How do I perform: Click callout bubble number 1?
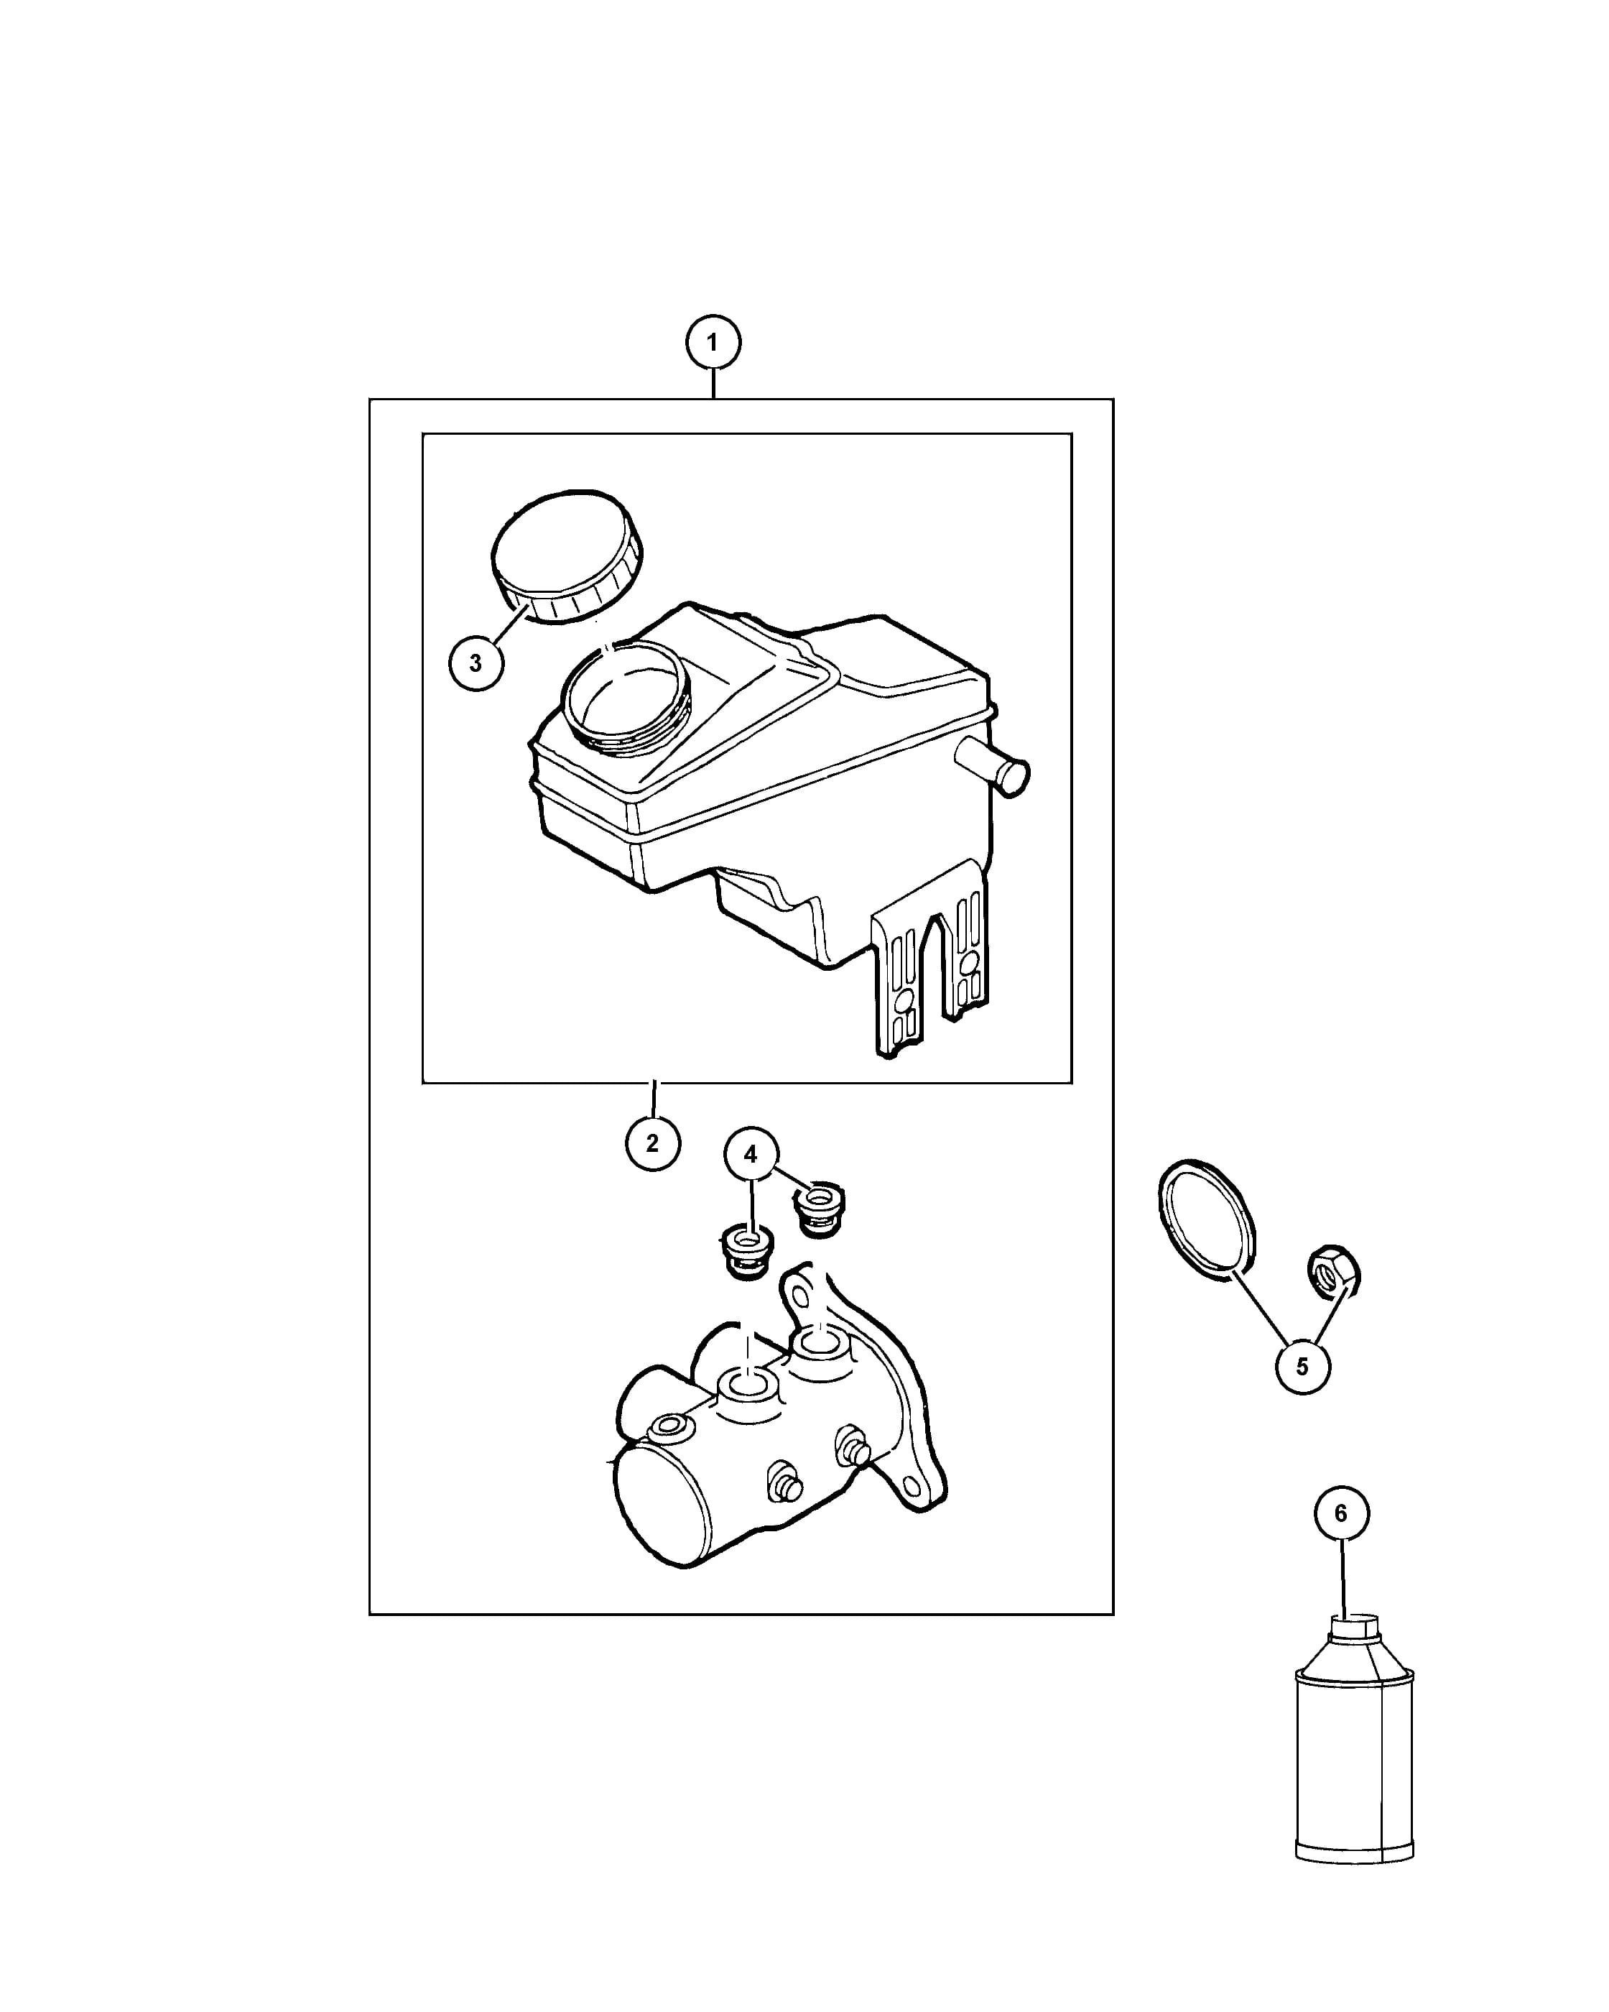click(x=713, y=343)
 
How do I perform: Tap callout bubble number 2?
click(x=653, y=1143)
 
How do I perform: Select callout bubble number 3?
click(x=476, y=663)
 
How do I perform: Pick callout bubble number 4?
click(x=751, y=1154)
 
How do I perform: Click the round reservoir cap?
click(x=566, y=556)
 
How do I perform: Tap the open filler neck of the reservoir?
click(x=626, y=696)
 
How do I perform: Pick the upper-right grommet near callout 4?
click(x=819, y=1209)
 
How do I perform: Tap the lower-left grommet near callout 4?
click(x=747, y=1253)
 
